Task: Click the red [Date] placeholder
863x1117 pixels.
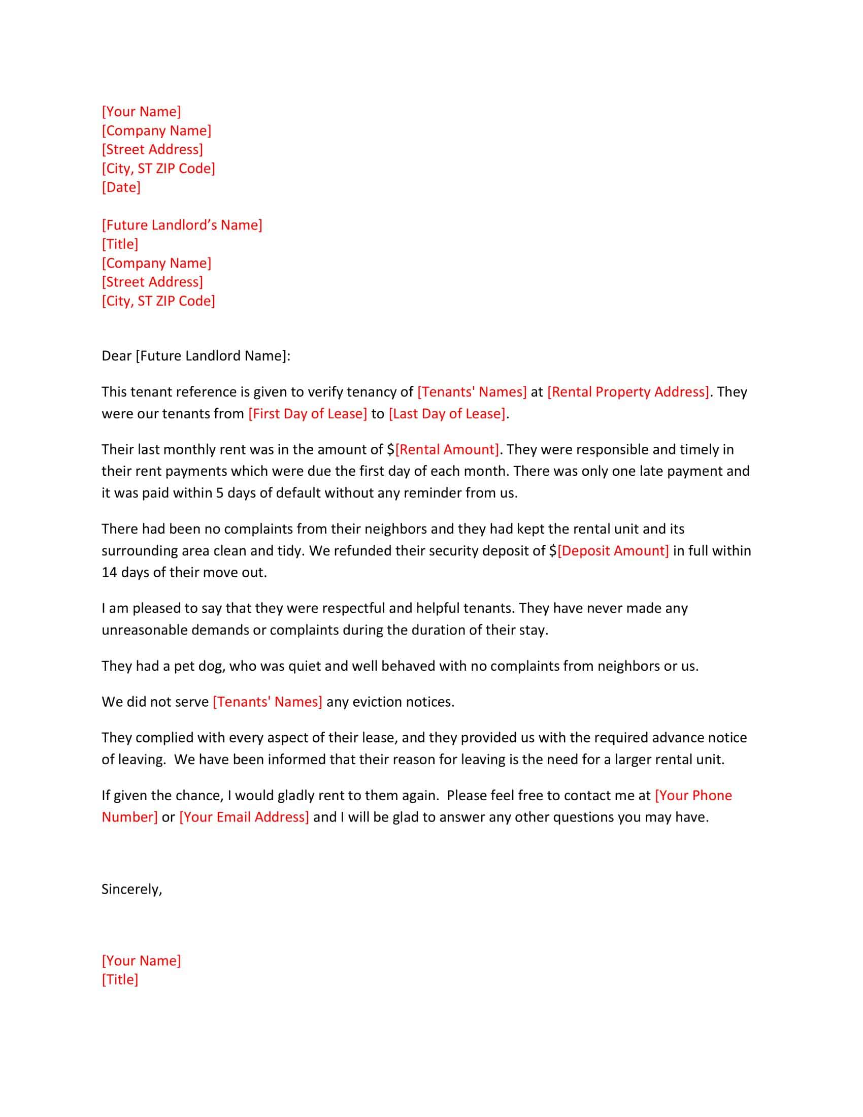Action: (x=121, y=187)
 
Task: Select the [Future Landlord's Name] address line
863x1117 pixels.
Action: (x=182, y=225)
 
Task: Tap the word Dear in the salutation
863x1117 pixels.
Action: (x=117, y=356)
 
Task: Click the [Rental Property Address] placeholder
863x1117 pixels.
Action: (x=628, y=392)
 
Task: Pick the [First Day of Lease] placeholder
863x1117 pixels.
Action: (x=307, y=414)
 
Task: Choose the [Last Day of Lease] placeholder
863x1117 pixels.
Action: (x=447, y=414)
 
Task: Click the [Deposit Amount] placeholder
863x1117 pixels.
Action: (x=613, y=551)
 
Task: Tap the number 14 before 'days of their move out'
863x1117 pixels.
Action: (x=110, y=572)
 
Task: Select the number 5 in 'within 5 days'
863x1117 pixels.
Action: (x=219, y=493)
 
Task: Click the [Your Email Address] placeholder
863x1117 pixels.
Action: (x=244, y=817)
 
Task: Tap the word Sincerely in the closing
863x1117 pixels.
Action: (x=131, y=890)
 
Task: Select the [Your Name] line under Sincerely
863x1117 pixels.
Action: (x=141, y=961)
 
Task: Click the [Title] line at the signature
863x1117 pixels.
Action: (x=120, y=979)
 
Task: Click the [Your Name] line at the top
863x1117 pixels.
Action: (x=141, y=112)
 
